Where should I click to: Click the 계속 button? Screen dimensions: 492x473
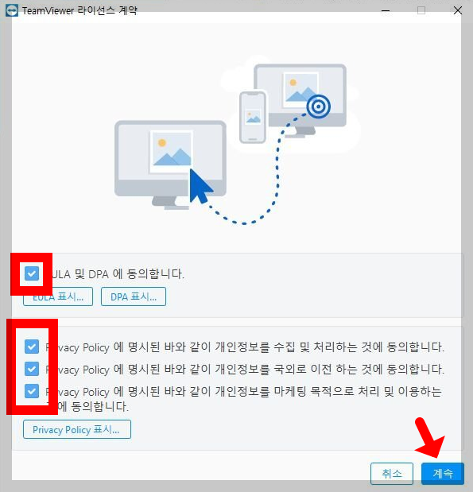click(x=442, y=473)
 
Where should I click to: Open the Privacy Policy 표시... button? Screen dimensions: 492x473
click(x=76, y=429)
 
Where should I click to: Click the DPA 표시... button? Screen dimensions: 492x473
click(x=133, y=296)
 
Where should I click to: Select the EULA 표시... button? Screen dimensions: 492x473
click(x=58, y=296)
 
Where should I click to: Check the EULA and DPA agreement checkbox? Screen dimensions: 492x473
click(x=32, y=273)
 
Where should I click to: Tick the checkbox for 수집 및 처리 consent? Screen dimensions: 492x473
click(x=32, y=347)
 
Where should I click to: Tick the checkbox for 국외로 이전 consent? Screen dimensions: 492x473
click(x=32, y=369)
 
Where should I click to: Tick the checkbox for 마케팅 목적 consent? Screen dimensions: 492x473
click(x=32, y=391)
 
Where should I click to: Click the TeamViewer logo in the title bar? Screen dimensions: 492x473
click(x=11, y=10)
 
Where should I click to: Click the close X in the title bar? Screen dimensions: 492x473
click(x=458, y=10)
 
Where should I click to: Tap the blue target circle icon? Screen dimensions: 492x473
click(x=319, y=105)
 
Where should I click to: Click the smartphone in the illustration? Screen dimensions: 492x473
click(x=253, y=116)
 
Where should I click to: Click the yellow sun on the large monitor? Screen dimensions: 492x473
click(x=161, y=143)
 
